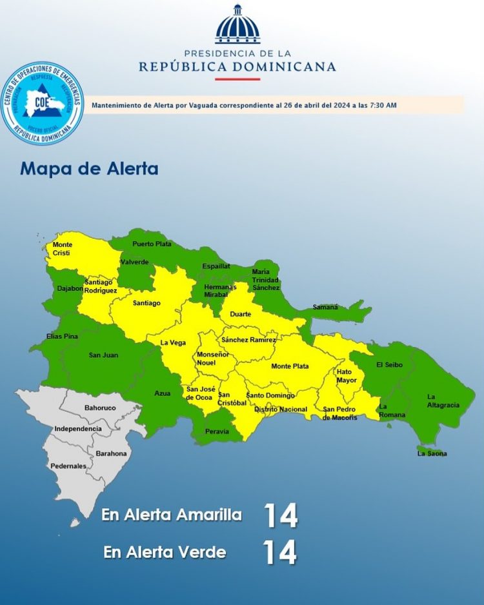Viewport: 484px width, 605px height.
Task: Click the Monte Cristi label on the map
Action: (x=63, y=248)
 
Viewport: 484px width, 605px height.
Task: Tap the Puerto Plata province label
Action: (x=152, y=244)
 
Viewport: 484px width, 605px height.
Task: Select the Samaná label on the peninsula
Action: (x=325, y=307)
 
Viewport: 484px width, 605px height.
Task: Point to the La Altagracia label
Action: (x=443, y=401)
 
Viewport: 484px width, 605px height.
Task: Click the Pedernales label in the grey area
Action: (x=68, y=466)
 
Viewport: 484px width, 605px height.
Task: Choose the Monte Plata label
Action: (x=290, y=366)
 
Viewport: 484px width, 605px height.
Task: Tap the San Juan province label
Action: (x=103, y=355)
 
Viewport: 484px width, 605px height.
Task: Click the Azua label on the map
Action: (x=163, y=393)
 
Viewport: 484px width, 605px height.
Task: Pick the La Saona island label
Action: (x=432, y=453)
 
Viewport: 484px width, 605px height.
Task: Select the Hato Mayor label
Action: (x=347, y=375)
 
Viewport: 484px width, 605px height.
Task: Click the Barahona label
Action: (x=111, y=453)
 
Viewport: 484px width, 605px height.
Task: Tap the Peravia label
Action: (x=217, y=431)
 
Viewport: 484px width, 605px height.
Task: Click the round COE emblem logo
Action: (x=43, y=103)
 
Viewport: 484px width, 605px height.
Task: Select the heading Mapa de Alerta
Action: (x=89, y=169)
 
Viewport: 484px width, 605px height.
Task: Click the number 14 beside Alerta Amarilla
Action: (x=280, y=515)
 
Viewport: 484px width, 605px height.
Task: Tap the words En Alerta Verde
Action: (x=165, y=553)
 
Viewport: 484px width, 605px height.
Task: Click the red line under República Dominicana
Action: (x=237, y=79)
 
